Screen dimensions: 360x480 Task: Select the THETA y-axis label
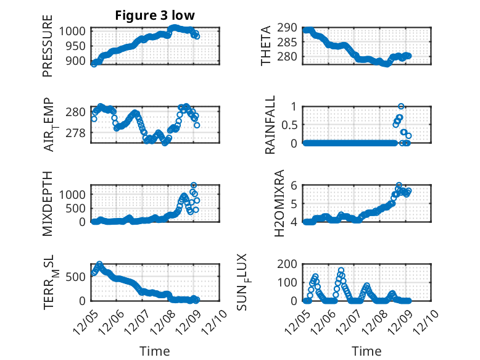[x=266, y=46]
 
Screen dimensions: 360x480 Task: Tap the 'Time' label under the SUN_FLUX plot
[x=366, y=351]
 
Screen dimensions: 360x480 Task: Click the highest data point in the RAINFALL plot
[x=401, y=106]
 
